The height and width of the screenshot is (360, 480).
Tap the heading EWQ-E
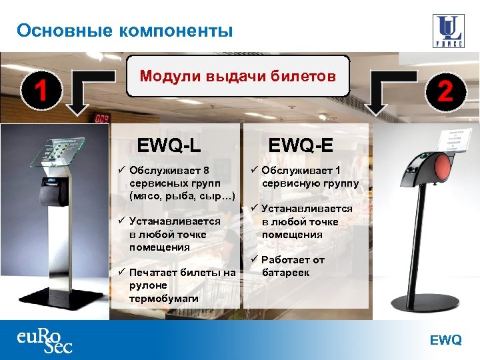pyautogui.click(x=301, y=144)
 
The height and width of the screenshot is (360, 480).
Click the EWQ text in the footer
pyautogui.click(x=445, y=341)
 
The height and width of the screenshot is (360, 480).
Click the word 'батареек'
pyautogui.click(x=285, y=272)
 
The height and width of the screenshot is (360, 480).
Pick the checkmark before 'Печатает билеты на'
pyautogui.click(x=121, y=272)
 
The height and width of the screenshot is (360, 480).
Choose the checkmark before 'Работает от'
pyautogui.click(x=253, y=259)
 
